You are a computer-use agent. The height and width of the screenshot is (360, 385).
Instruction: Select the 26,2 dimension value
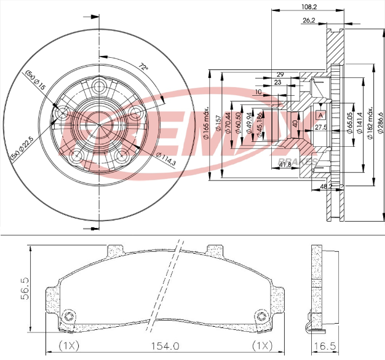(x=309, y=20)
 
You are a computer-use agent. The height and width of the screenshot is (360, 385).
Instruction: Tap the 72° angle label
(x=143, y=66)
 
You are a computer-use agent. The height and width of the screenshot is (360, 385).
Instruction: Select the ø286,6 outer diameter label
(x=380, y=120)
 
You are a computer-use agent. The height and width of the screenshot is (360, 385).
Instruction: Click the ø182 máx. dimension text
(x=370, y=123)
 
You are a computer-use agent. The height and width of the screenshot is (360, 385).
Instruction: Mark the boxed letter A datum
(x=320, y=115)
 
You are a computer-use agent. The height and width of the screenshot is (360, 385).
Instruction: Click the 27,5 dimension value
(x=320, y=127)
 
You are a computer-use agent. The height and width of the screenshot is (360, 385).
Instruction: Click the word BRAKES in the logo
(x=301, y=161)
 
